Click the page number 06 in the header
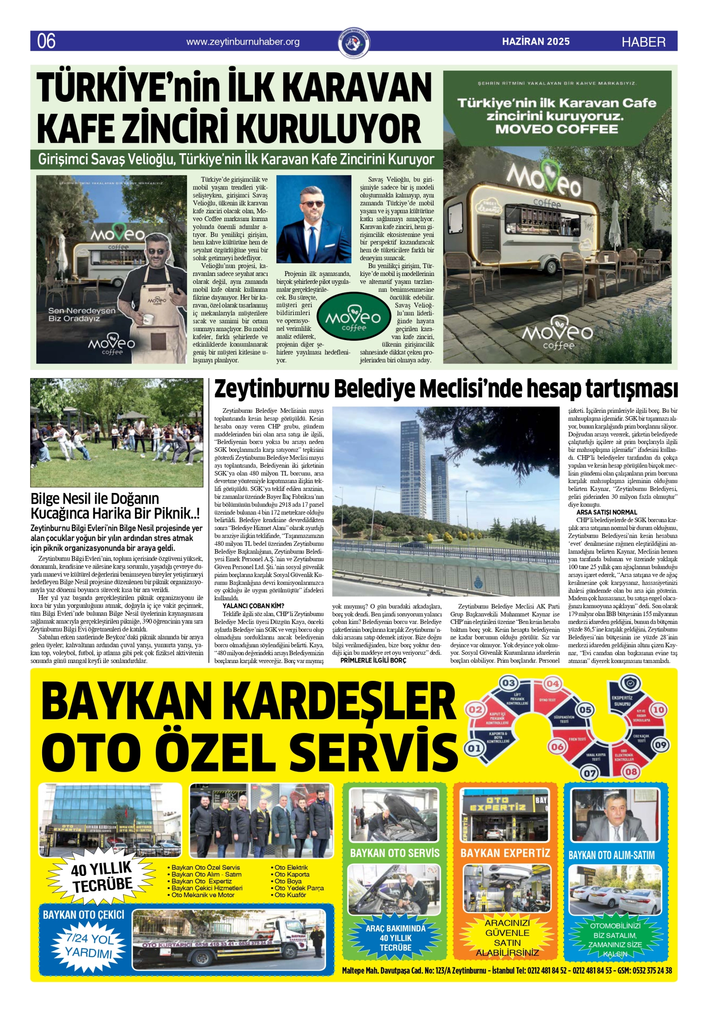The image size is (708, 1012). coord(46,41)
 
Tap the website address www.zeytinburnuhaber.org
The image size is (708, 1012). coord(243,42)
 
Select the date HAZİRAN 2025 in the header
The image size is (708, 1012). coord(536,41)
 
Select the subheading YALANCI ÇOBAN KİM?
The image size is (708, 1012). coord(253,606)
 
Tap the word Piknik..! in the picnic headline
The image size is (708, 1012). coord(178,514)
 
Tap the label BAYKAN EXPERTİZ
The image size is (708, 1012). coord(505,853)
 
